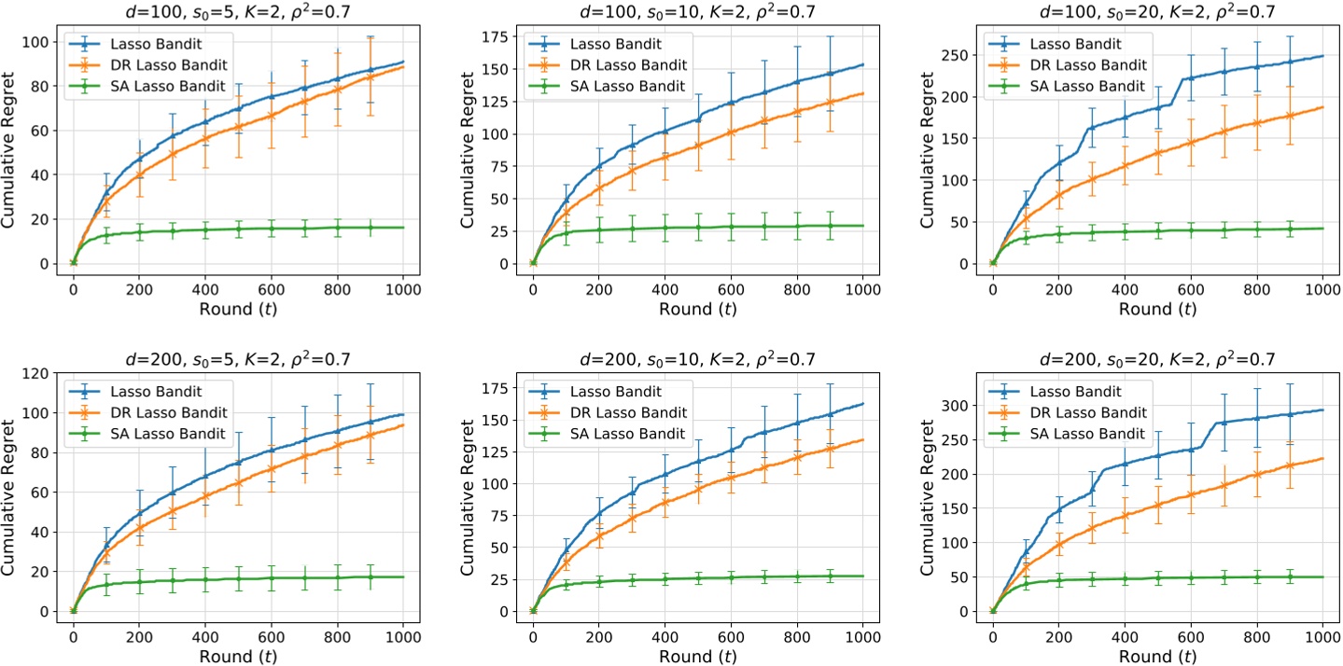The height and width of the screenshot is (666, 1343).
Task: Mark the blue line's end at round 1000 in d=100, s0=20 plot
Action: tap(1322, 55)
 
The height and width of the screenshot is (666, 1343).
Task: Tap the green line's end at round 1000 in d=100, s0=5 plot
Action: tap(403, 228)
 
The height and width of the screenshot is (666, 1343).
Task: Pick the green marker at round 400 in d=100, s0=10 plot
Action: tap(665, 228)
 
